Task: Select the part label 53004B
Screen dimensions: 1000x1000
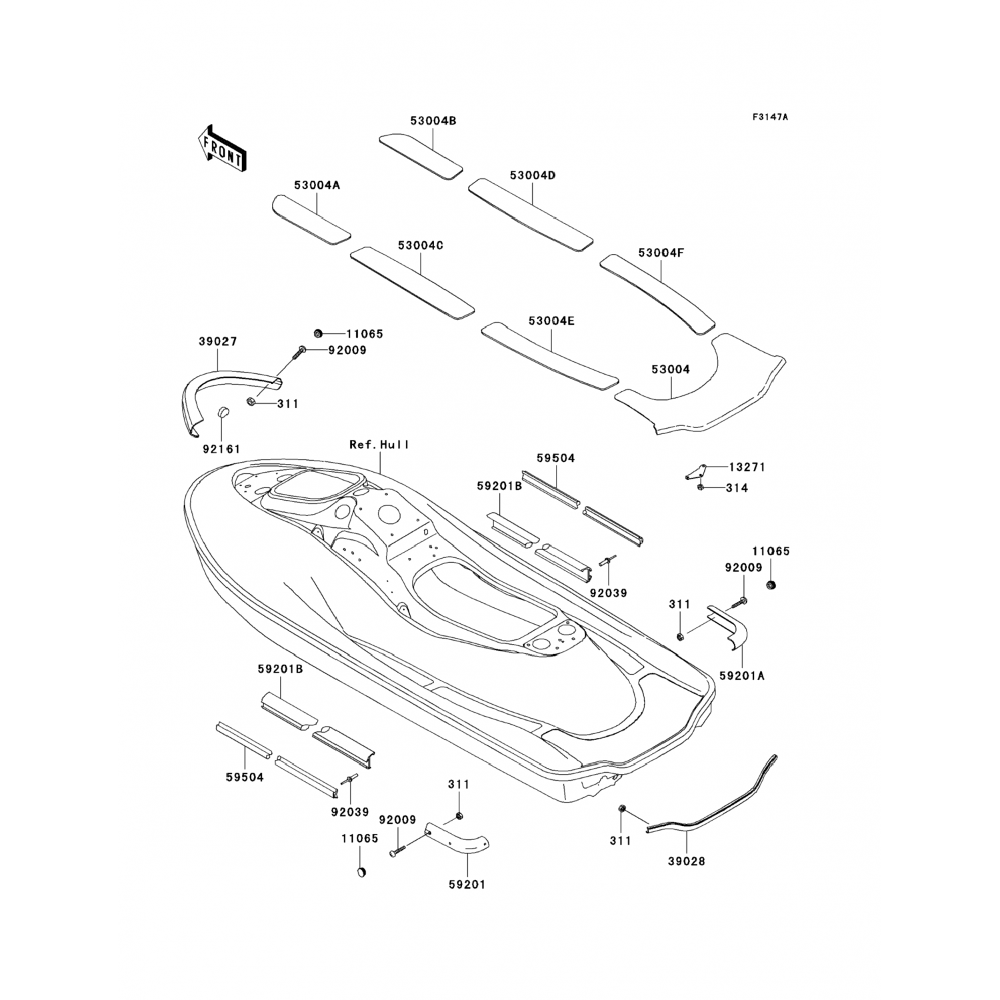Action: tap(433, 121)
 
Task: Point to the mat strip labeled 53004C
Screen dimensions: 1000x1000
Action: tap(412, 281)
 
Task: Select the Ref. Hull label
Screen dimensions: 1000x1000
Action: tap(379, 445)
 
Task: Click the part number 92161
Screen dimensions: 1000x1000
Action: tap(221, 449)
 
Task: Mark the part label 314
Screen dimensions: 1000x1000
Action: tap(737, 488)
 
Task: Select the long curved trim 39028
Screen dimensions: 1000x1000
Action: tap(713, 807)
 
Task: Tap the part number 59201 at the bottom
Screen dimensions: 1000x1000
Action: tap(467, 884)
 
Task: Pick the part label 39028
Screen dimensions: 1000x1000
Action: tap(686, 861)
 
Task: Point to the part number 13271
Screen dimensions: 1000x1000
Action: tap(747, 467)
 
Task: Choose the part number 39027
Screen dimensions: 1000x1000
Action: tap(217, 342)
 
